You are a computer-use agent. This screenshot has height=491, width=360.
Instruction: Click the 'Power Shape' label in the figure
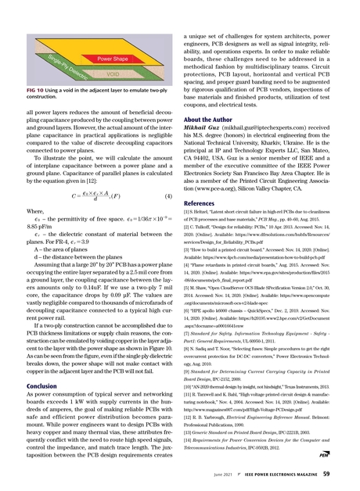coord(111,59)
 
